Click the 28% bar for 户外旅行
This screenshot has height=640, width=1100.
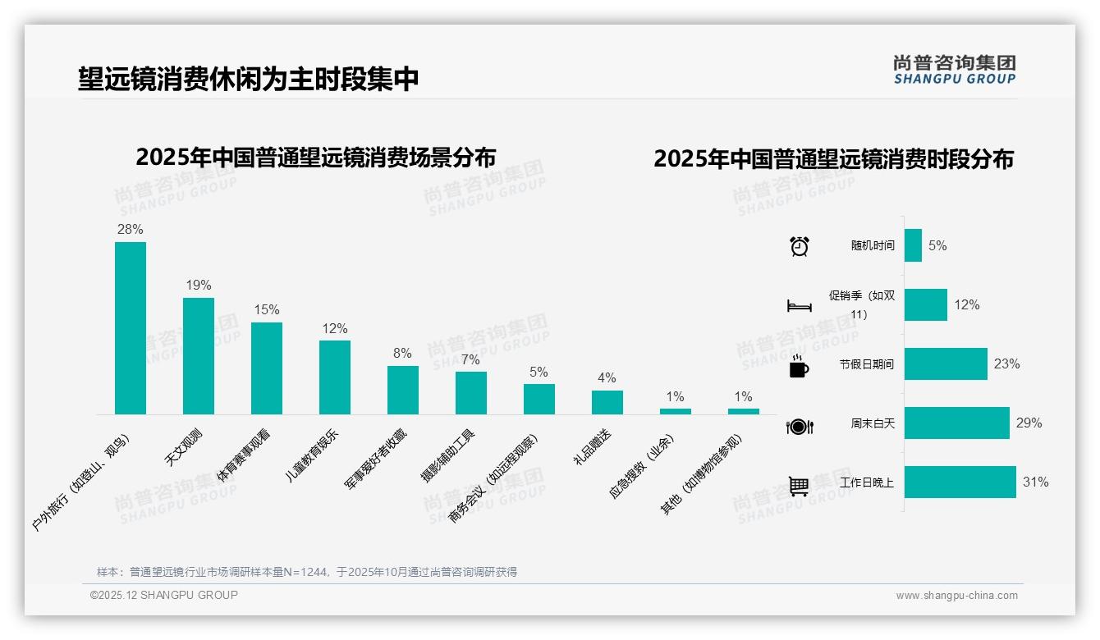(130, 328)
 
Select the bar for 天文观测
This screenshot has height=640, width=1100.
(198, 356)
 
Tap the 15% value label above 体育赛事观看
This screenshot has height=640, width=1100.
(266, 309)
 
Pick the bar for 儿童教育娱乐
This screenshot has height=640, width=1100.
(334, 377)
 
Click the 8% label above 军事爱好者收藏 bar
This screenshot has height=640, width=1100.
(402, 353)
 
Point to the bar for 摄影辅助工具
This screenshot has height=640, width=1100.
(470, 393)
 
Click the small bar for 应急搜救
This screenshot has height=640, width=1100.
(675, 411)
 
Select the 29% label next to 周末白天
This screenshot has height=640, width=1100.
(1029, 423)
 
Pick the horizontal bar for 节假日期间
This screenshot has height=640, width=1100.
(946, 363)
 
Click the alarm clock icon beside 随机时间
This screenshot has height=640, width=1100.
(799, 245)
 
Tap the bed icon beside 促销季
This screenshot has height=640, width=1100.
(799, 305)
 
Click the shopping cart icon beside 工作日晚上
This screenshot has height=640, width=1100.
(799, 486)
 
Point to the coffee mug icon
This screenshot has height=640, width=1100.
(799, 366)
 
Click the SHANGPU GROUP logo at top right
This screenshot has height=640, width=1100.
(954, 70)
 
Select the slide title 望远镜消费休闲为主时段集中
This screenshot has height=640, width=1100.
(248, 80)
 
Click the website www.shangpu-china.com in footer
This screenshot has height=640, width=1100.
(956, 596)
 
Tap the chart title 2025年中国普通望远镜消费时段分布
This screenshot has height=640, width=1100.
(833, 158)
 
